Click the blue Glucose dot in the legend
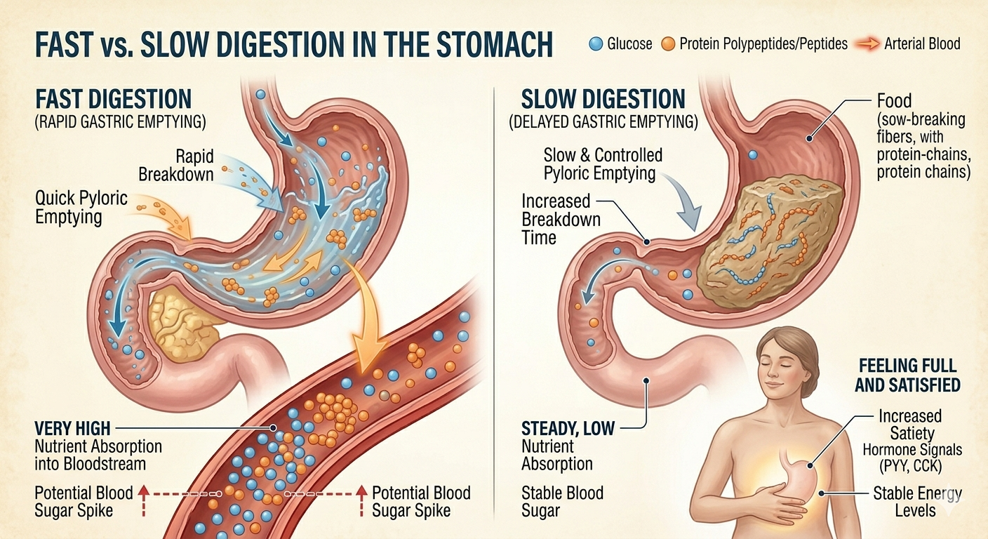click(596, 44)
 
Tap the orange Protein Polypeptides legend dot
click(668, 44)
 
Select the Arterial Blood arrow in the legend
click(867, 44)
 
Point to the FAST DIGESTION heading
click(114, 98)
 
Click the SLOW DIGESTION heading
click(603, 98)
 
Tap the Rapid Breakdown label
click(176, 165)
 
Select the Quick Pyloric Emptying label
click(81, 207)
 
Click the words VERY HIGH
click(72, 428)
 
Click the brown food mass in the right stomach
click(770, 241)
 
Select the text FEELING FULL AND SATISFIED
click(908, 375)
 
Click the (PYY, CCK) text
click(912, 466)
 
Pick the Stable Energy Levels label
click(916, 502)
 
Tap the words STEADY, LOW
click(568, 428)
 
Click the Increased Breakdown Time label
click(561, 219)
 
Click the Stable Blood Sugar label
click(562, 502)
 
